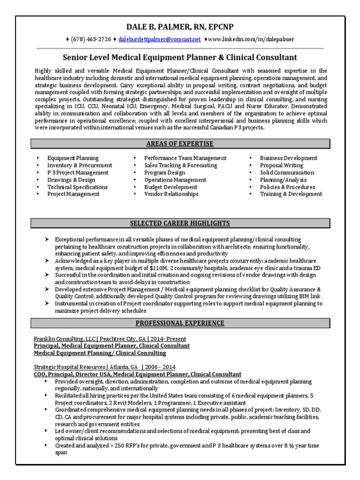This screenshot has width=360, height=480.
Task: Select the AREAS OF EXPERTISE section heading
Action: click(180, 143)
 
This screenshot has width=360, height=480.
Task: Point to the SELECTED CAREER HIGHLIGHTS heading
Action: click(180, 223)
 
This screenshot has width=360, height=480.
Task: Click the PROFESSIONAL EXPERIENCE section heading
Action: click(180, 323)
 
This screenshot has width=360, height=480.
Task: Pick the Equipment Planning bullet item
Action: click(73, 158)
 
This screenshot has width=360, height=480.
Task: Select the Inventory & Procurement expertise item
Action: click(79, 165)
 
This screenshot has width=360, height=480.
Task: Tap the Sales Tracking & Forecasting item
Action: click(180, 165)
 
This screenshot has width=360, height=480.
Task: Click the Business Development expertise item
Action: click(288, 158)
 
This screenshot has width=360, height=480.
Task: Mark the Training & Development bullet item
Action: click(291, 194)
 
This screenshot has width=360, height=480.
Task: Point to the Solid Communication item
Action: click(287, 172)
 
